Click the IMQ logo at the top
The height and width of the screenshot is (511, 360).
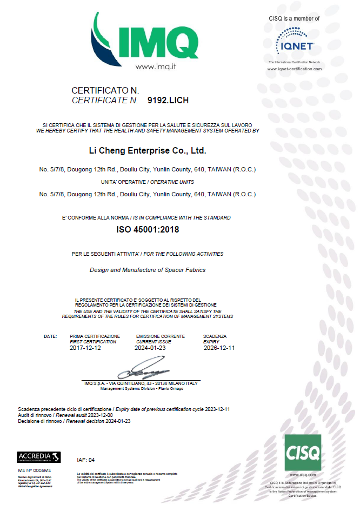tap(145, 38)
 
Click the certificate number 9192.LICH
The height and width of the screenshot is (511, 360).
tap(168, 101)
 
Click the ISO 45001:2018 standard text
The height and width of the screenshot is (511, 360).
tap(148, 229)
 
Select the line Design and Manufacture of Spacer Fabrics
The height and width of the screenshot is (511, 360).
tap(147, 269)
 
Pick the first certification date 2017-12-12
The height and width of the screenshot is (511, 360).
tap(85, 348)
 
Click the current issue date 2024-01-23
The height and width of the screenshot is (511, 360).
tap(151, 348)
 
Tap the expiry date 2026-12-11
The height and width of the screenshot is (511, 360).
tap(219, 348)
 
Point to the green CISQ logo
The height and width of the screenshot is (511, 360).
tap(303, 452)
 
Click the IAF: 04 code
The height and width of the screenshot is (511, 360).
tap(86, 460)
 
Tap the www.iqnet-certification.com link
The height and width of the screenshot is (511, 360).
tap(295, 69)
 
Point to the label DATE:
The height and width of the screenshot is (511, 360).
tap(50, 336)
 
